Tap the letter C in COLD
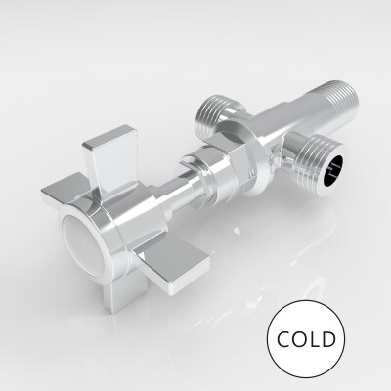[283, 339]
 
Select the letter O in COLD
[300, 339]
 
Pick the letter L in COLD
[315, 339]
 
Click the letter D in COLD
[329, 339]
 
